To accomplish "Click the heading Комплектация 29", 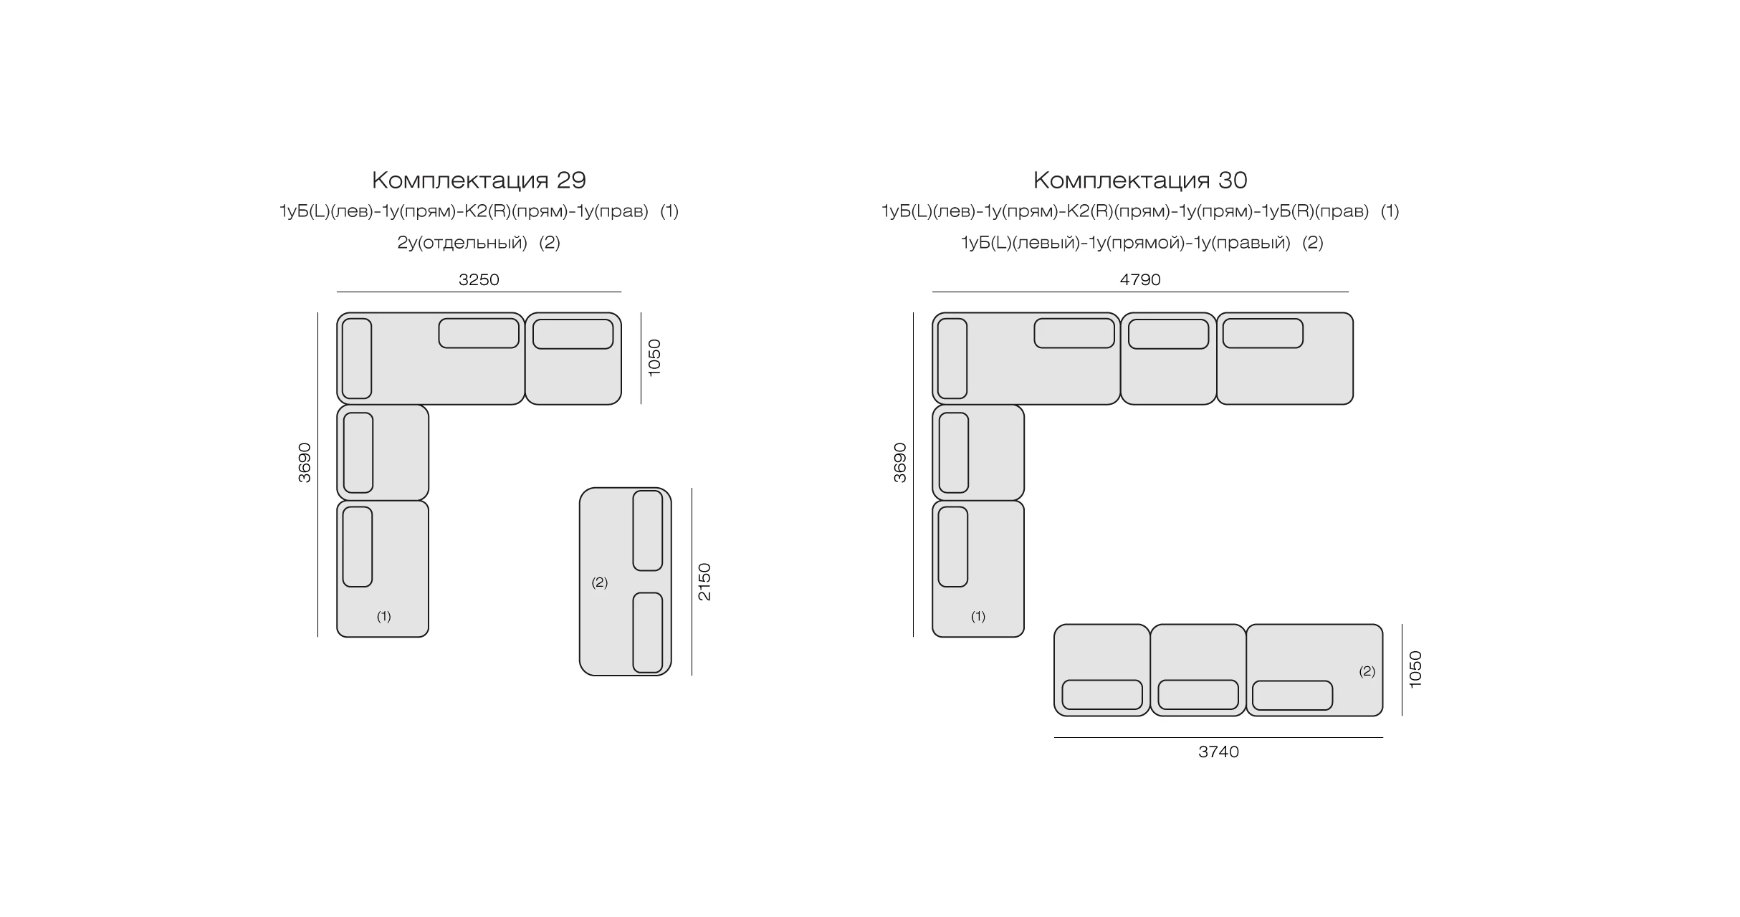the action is point(479,180).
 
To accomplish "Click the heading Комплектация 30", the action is point(1140,180).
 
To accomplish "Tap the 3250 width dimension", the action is point(479,279).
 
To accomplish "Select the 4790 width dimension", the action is point(1140,279).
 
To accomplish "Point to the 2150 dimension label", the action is point(704,582).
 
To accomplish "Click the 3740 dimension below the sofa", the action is point(1218,752).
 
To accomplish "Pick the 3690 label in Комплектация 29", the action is point(305,463).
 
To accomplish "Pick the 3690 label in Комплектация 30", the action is point(900,463).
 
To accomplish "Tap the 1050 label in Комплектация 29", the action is point(654,357).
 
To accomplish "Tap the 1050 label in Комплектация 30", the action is point(1415,670).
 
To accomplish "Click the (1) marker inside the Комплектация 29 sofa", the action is point(384,616).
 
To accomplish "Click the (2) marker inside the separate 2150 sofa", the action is point(599,582).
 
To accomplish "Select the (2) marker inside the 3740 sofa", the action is point(1367,671).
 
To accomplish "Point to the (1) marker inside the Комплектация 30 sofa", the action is point(978,616).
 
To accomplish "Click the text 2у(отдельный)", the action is point(462,242).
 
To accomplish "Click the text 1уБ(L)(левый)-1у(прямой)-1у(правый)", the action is point(1125,242).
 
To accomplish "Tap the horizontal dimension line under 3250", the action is point(479,292).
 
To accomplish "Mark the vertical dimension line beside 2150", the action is point(692,582).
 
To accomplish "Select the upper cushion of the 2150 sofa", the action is point(648,531).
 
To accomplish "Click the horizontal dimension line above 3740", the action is point(1218,737).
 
